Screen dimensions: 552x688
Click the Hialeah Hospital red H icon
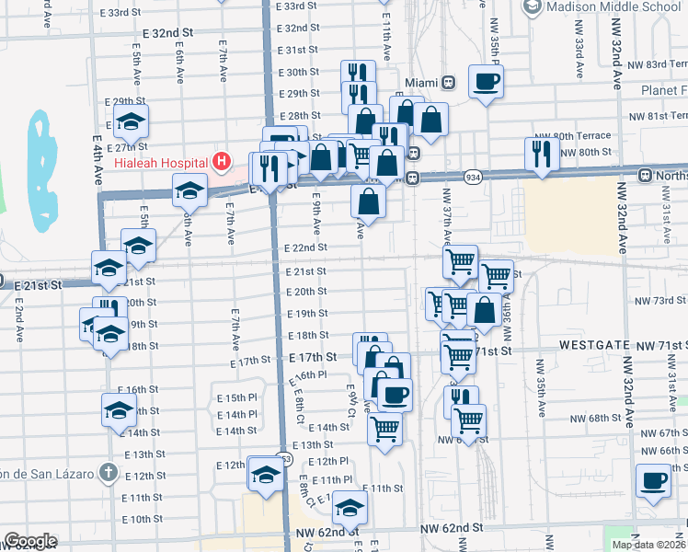click(221, 162)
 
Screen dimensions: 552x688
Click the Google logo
click(30, 541)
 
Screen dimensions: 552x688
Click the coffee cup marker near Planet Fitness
click(486, 80)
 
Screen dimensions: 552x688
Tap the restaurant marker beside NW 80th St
click(540, 153)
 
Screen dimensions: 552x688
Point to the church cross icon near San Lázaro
click(108, 473)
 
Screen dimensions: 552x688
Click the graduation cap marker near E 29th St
click(131, 121)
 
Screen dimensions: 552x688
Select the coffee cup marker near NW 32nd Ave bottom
click(654, 479)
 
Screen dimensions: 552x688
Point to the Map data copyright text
click(649, 545)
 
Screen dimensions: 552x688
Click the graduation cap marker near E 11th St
click(350, 507)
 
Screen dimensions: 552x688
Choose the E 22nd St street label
click(305, 248)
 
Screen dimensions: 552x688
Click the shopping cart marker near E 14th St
click(385, 427)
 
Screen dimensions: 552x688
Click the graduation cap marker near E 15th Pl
click(119, 409)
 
